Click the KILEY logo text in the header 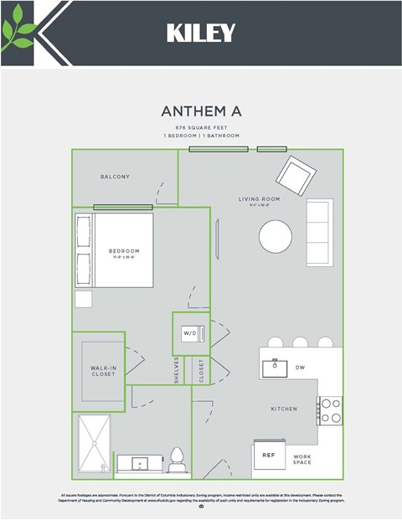(x=201, y=33)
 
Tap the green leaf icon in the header (x=18, y=33)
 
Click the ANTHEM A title (x=201, y=111)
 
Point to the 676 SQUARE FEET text (x=201, y=126)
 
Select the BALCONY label (x=115, y=177)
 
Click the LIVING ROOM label (x=259, y=199)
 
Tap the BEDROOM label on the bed (x=124, y=251)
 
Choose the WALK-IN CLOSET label (x=103, y=370)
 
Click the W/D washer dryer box (x=189, y=333)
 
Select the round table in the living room (x=276, y=236)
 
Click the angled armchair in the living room (x=296, y=175)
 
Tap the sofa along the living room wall (x=319, y=232)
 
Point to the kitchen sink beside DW (x=275, y=368)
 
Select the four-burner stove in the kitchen (x=331, y=409)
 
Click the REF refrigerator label (x=269, y=456)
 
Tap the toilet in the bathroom (x=177, y=459)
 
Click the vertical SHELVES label (x=177, y=369)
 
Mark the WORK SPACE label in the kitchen (x=301, y=460)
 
